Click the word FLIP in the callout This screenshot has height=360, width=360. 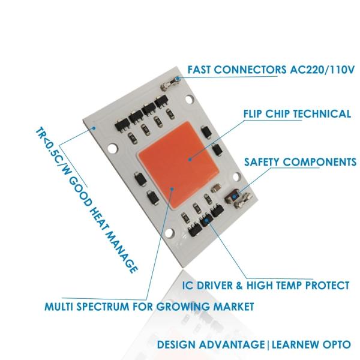[256, 113]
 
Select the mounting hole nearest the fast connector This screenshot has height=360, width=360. [191, 98]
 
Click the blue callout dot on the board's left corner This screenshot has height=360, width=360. [94, 127]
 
